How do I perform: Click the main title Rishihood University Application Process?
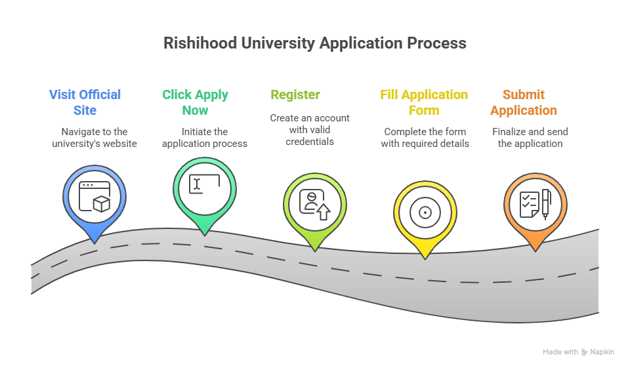tap(314, 43)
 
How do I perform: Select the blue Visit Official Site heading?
tap(85, 102)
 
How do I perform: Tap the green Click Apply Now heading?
tap(195, 102)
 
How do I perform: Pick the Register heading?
tap(295, 94)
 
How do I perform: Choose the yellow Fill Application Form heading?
tap(424, 102)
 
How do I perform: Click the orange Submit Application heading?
tap(524, 102)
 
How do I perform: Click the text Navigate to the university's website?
tap(94, 138)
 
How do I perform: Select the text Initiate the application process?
tap(204, 138)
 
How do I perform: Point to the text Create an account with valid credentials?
tap(310, 130)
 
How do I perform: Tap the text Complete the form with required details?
tap(425, 138)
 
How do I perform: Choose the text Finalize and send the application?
tap(530, 138)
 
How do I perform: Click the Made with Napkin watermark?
tap(578, 352)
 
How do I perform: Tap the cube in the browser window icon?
tap(102, 204)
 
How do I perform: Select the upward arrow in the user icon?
tap(323, 211)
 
